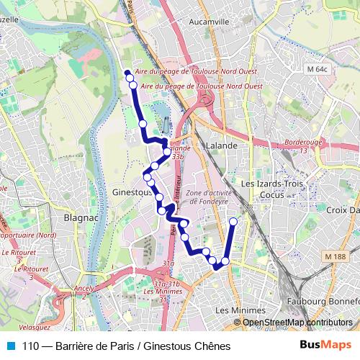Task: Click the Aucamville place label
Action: click(207, 22)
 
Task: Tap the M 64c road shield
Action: click(316, 69)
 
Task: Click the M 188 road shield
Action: click(335, 257)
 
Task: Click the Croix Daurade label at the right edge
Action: click(343, 210)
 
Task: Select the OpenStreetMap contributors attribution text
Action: click(297, 323)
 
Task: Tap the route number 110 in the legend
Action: click(31, 346)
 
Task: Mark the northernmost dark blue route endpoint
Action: click(127, 73)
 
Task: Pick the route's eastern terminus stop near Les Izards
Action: click(233, 222)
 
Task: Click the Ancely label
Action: click(85, 289)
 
